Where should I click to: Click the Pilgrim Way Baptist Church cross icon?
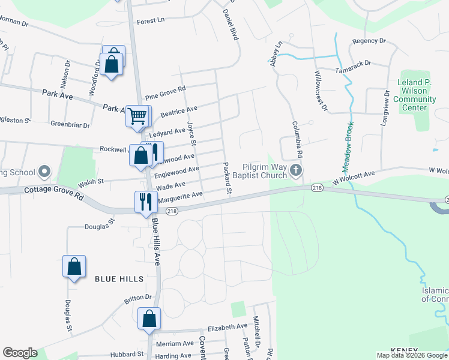pyautogui.click(x=295, y=171)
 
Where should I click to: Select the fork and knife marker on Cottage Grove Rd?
pyautogui.click(x=146, y=202)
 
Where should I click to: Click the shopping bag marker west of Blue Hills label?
pyautogui.click(x=74, y=266)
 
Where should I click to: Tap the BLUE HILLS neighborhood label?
pyautogui.click(x=119, y=279)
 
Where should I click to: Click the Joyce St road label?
pyautogui.click(x=191, y=134)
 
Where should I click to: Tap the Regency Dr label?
pyautogui.click(x=369, y=41)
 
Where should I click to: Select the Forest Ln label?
pyautogui.click(x=151, y=21)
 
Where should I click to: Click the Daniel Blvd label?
pyautogui.click(x=231, y=25)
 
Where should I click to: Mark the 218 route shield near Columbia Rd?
pyautogui.click(x=317, y=188)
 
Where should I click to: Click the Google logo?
pyautogui.click(x=20, y=353)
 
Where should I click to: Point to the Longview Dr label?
pyautogui.click(x=385, y=111)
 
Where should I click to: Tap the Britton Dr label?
pyautogui.click(x=138, y=298)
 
